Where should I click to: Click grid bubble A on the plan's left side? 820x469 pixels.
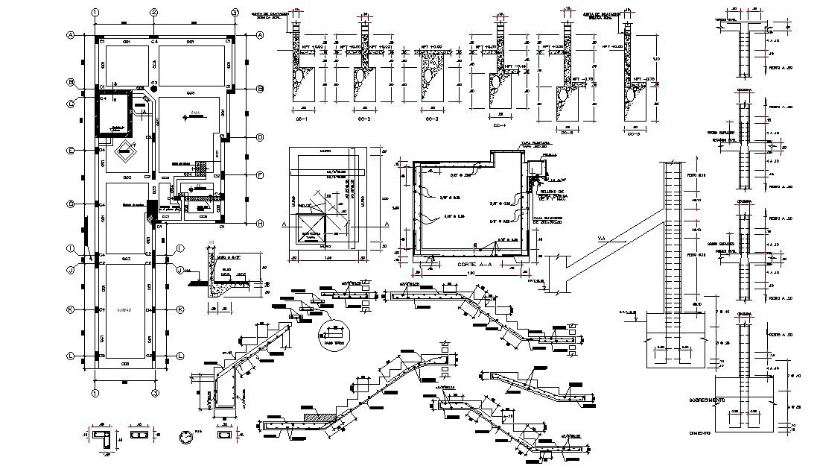[70, 35]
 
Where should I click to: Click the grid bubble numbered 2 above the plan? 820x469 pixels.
[153, 12]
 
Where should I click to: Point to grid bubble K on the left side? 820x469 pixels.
[70, 309]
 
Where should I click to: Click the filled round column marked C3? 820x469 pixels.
[153, 89]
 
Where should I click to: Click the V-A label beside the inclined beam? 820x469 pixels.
[602, 239]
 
